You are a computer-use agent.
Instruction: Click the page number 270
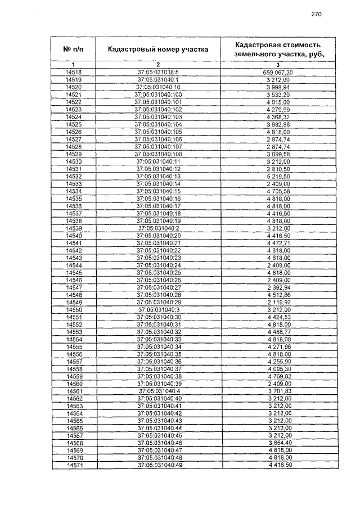click(316, 15)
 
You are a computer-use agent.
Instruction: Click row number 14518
click(74, 73)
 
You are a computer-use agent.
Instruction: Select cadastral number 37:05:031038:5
click(158, 73)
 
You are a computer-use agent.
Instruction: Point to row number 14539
click(74, 228)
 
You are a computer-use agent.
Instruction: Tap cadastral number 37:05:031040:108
click(158, 154)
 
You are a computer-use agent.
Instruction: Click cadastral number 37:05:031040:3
click(158, 309)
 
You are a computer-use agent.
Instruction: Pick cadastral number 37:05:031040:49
click(158, 465)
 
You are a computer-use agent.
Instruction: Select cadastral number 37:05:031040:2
click(158, 228)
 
